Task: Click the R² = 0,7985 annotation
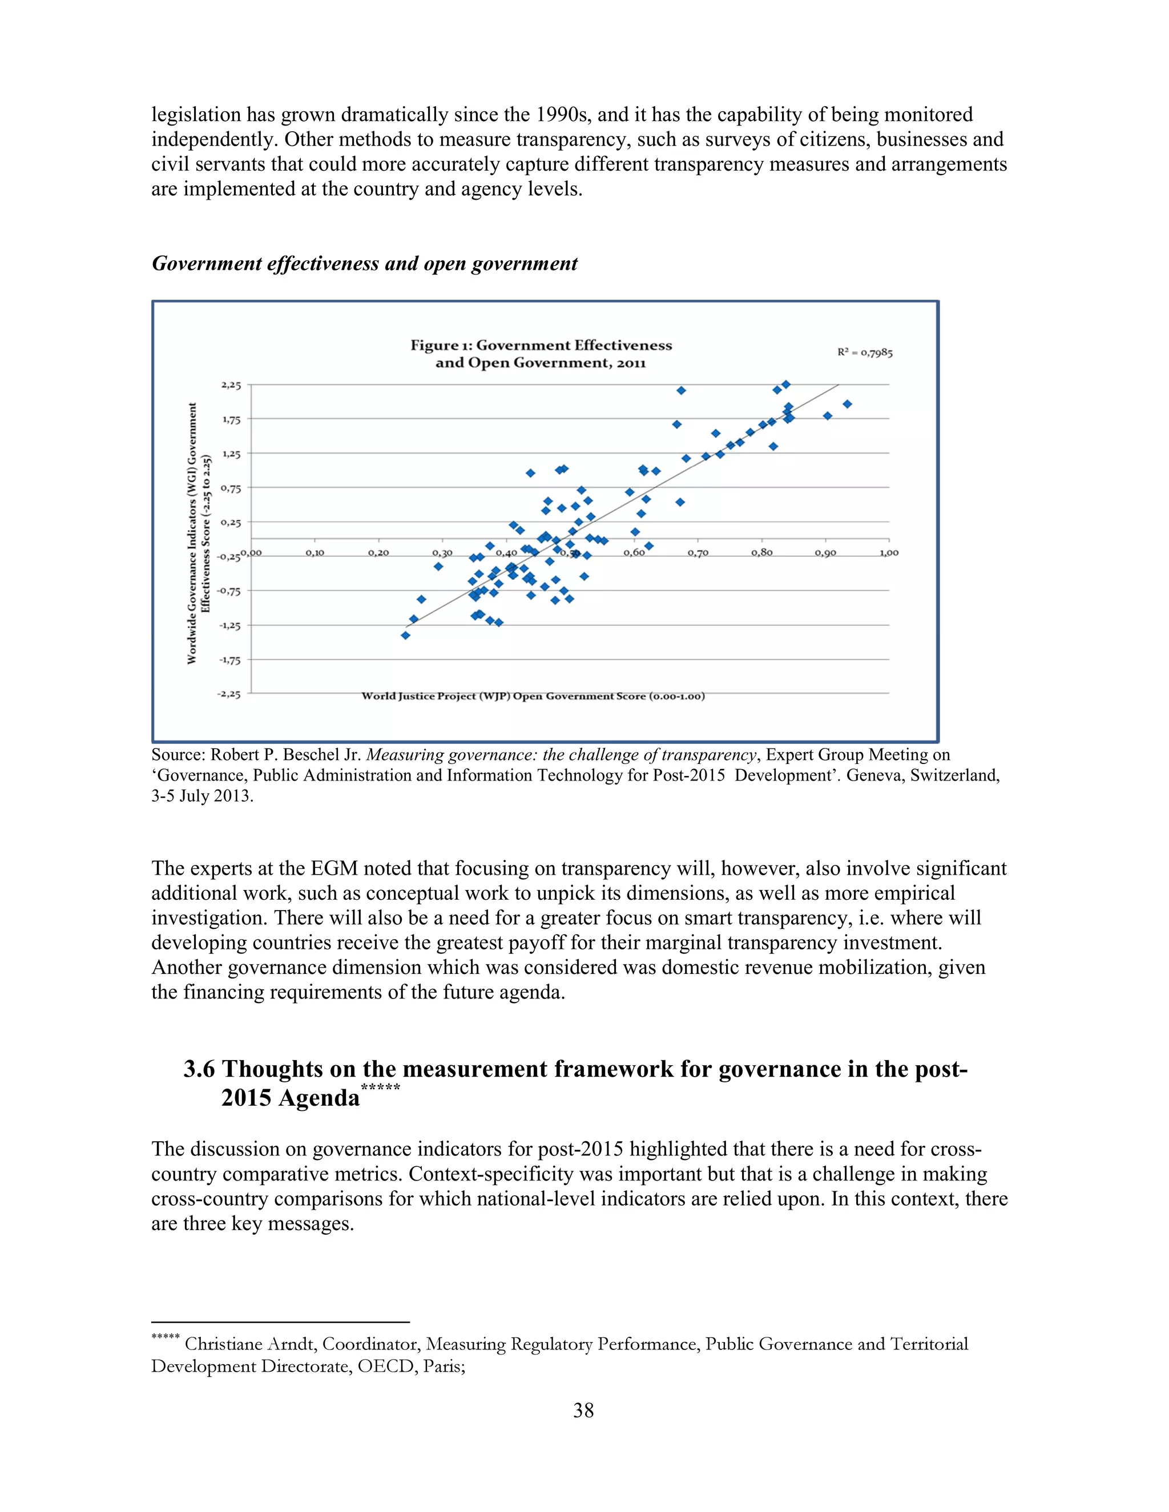point(864,353)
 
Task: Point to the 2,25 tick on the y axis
point(231,385)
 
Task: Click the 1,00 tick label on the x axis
point(889,553)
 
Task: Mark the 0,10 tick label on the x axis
point(315,553)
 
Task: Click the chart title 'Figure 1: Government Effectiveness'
point(541,345)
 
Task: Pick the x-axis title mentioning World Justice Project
point(533,696)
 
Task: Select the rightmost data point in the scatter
point(847,403)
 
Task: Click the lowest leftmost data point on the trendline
point(406,635)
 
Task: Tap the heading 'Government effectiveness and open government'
point(364,264)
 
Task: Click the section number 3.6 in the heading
point(199,1070)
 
